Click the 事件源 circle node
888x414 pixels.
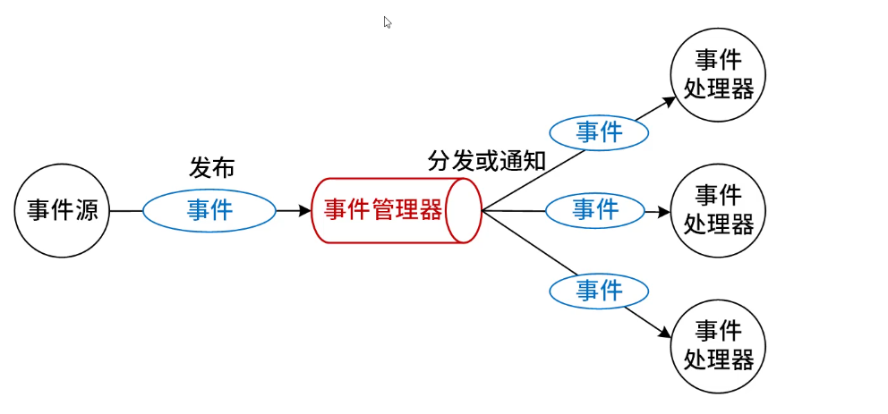tap(62, 211)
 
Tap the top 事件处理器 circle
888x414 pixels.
tap(718, 75)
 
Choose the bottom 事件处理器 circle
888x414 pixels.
tap(718, 345)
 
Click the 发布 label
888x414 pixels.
tap(211, 167)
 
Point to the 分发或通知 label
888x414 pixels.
tap(486, 162)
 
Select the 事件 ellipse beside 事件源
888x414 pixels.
tap(209, 211)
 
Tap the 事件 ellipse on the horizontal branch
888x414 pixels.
tap(595, 210)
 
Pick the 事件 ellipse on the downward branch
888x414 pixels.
tap(599, 290)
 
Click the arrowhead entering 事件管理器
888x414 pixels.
tap(305, 211)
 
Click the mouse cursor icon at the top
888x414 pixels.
tap(388, 22)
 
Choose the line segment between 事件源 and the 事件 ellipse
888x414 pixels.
tap(126, 211)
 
